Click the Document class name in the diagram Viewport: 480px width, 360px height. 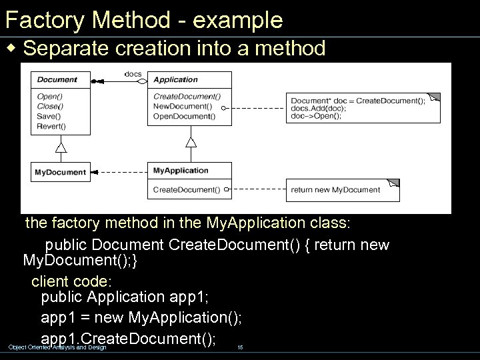[x=57, y=80]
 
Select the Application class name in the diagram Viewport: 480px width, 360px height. [x=175, y=80]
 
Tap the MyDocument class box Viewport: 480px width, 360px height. [x=61, y=172]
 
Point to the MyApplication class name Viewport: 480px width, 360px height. [x=181, y=171]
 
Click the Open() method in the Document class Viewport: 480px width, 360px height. [x=50, y=96]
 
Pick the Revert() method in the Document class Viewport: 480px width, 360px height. [x=52, y=126]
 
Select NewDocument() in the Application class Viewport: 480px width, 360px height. [x=183, y=106]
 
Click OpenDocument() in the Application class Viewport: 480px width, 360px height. [x=185, y=116]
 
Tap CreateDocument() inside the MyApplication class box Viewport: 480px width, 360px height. [x=187, y=190]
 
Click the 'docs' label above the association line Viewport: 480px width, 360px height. [x=133, y=73]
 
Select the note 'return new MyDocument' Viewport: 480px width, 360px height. [x=336, y=190]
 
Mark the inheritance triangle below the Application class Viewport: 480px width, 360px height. [x=191, y=141]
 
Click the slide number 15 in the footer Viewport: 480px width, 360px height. [x=241, y=347]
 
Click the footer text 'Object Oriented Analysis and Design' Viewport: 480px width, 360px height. [x=57, y=347]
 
